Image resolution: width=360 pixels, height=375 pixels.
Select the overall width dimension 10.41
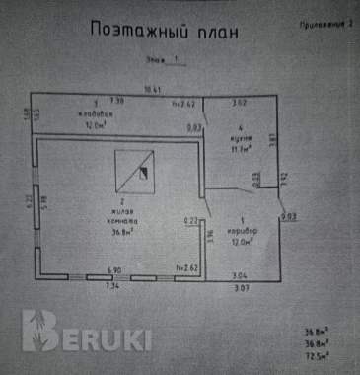click(x=152, y=90)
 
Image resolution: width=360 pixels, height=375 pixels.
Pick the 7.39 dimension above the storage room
click(x=116, y=101)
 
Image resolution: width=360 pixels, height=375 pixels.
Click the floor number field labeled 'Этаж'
click(x=164, y=60)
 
